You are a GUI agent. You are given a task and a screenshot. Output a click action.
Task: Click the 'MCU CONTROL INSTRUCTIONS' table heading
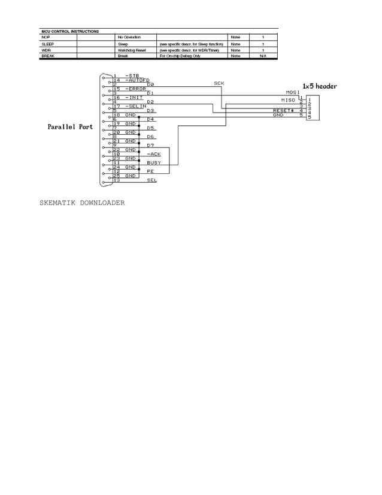(x=70, y=31)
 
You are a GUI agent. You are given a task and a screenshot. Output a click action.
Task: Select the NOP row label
(x=46, y=37)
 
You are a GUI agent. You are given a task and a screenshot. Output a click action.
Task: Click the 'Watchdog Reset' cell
(x=132, y=50)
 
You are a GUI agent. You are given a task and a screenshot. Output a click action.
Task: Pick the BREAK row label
(x=48, y=56)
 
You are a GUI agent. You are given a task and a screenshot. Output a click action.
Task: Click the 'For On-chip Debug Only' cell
(x=180, y=56)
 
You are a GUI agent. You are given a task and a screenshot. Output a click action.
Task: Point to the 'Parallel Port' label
(x=71, y=128)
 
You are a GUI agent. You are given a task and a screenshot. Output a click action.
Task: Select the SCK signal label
(x=219, y=83)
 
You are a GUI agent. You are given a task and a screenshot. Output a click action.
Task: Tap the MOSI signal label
(x=293, y=92)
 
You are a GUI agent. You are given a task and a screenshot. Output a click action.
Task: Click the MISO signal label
(x=288, y=99)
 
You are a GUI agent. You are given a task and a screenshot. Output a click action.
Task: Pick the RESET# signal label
(x=283, y=110)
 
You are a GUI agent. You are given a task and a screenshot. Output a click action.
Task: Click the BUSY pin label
(x=154, y=162)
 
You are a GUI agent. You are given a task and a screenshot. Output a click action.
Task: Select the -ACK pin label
(x=153, y=154)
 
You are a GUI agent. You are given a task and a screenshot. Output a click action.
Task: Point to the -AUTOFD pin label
(x=137, y=80)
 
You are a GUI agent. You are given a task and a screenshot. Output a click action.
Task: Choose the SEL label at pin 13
(x=152, y=180)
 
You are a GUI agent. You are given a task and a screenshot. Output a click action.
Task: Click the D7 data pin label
(x=151, y=145)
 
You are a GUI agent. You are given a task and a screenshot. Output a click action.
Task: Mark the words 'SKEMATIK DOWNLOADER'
(x=82, y=203)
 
